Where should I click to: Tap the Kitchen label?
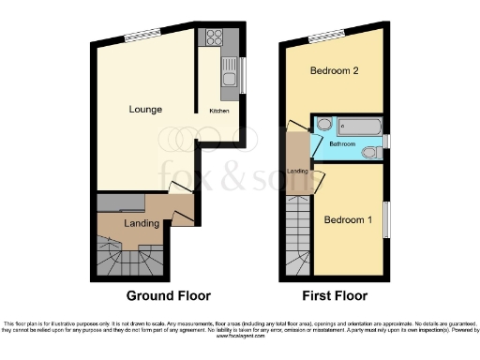(218, 111)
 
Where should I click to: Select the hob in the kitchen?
(212, 39)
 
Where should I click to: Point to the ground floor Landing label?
(142, 224)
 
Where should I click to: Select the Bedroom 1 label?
(343, 220)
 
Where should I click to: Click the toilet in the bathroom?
(368, 151)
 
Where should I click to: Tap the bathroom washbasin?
(323, 124)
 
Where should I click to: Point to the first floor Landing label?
(298, 172)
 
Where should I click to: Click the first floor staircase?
(299, 233)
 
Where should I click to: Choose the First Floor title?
(333, 294)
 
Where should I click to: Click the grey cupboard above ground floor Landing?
(121, 201)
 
